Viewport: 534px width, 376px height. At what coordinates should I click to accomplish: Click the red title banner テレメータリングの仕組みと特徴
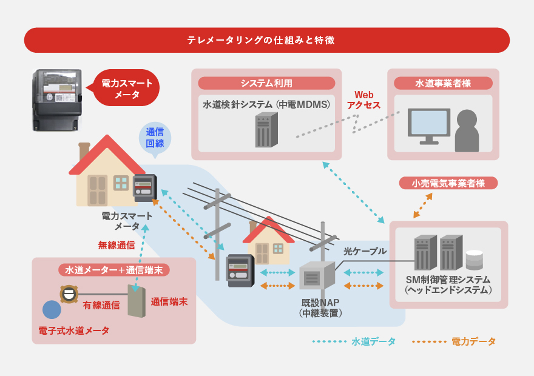[x=267, y=40]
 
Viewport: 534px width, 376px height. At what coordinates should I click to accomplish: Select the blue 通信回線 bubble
[x=155, y=138]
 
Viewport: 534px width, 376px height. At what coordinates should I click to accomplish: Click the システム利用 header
[x=266, y=83]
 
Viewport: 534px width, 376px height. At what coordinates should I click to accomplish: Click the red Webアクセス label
[x=363, y=100]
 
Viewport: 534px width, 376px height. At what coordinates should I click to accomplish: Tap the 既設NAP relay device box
[x=317, y=277]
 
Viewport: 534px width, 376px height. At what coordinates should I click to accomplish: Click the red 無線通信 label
[x=117, y=245]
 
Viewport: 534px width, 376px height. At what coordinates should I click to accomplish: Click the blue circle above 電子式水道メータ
[x=52, y=310]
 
